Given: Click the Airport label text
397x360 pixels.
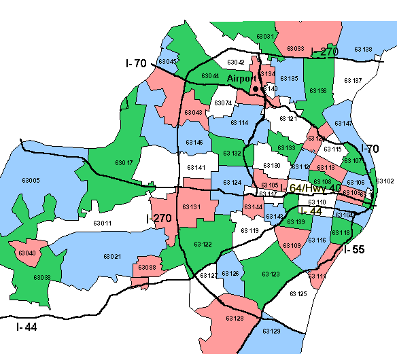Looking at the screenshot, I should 242,79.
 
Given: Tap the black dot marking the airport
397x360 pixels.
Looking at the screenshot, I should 256,88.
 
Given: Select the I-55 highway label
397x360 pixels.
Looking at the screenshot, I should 354,249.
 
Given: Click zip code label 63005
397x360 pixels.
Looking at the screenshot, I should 31,181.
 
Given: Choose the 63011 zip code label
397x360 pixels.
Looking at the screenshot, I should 102,223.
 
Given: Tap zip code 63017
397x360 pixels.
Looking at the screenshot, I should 124,163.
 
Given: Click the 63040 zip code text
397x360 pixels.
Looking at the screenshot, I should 27,253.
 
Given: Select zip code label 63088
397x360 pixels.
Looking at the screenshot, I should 147,268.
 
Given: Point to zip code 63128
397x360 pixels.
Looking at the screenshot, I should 235,318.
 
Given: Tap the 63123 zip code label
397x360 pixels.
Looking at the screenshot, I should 271,274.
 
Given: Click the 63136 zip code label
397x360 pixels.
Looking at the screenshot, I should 317,90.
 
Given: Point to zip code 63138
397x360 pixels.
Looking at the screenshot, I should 363,49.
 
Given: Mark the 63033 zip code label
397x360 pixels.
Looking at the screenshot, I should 295,48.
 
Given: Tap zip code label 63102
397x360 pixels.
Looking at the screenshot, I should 385,181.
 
